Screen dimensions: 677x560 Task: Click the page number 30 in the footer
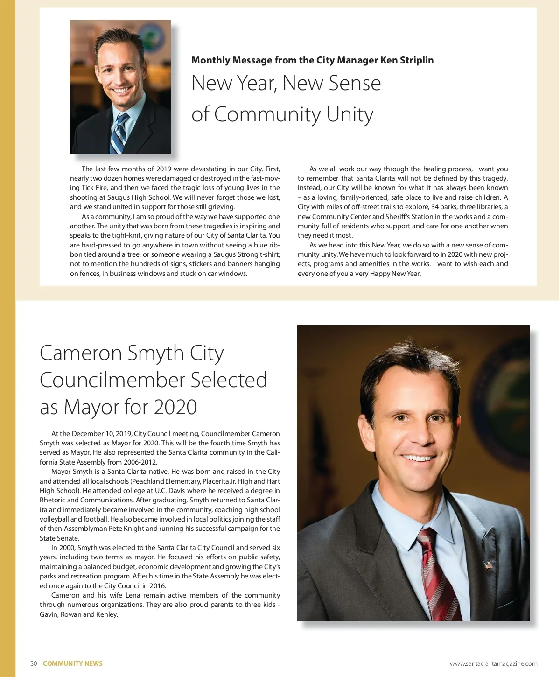[34, 663]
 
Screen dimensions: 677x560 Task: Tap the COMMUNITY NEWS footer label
[73, 663]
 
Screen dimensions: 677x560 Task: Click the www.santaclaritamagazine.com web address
[493, 663]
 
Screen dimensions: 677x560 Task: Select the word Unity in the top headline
[350, 114]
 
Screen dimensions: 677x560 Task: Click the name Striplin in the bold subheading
[417, 60]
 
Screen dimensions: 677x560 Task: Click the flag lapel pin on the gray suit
[488, 565]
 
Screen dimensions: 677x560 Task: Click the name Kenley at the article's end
[107, 614]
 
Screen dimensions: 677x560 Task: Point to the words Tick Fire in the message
[95, 188]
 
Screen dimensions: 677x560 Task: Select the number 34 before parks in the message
[435, 207]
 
